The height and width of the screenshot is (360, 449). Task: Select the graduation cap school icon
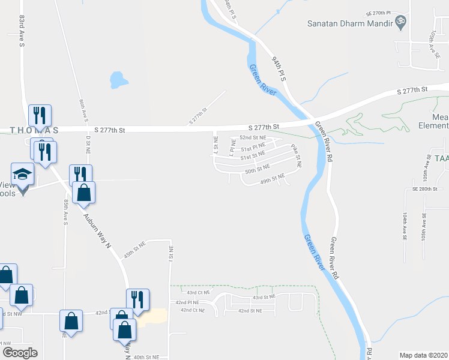tap(23, 175)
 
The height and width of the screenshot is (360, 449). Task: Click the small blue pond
tap(118, 79)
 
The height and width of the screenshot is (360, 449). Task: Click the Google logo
tap(20, 352)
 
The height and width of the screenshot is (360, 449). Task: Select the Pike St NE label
tap(297, 155)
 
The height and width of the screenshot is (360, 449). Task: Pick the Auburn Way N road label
tap(98, 230)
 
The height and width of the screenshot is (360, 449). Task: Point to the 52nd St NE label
tap(253, 137)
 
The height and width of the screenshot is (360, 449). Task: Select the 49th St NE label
tap(272, 179)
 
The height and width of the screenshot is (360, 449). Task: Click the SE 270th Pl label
tap(378, 12)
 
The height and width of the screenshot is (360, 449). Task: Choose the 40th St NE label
tap(146, 356)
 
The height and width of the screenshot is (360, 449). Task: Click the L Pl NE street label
tap(231, 145)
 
